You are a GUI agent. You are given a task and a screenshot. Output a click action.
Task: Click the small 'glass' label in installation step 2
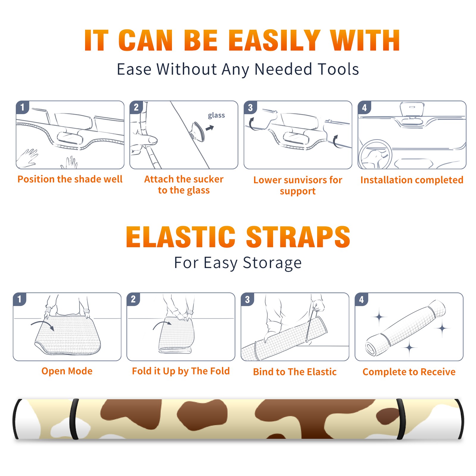click(216, 115)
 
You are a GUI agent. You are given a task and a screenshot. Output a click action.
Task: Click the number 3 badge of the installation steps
click(250, 108)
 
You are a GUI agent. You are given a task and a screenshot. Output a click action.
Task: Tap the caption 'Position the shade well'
click(70, 179)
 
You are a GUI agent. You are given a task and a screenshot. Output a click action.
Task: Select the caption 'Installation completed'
click(412, 180)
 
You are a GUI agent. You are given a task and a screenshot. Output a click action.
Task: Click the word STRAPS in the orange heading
click(298, 237)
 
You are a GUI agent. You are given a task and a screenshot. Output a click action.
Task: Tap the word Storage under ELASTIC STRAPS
click(272, 263)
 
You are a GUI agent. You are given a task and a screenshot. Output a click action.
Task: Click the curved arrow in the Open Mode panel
click(43, 325)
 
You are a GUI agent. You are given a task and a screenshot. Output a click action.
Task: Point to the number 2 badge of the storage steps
click(133, 299)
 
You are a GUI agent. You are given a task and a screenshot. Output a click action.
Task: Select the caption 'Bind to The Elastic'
click(295, 372)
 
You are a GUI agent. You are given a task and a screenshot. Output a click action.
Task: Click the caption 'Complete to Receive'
click(409, 372)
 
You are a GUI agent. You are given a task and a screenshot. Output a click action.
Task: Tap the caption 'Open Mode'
click(67, 371)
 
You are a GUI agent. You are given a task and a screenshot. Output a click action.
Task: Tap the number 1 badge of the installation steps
click(22, 107)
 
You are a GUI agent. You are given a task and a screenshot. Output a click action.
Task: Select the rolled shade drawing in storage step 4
click(405, 328)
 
